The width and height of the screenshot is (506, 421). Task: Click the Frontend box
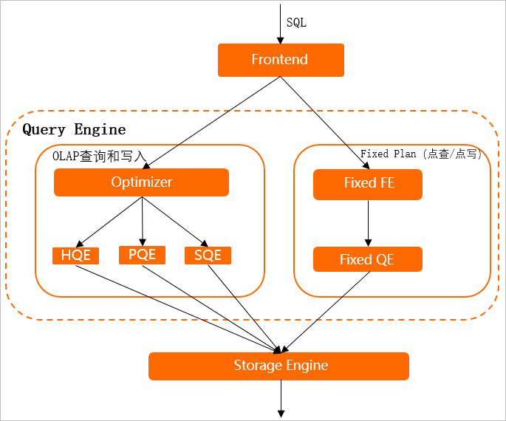(x=281, y=60)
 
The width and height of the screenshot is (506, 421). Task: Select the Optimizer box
(x=141, y=182)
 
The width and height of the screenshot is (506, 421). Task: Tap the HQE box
(x=75, y=256)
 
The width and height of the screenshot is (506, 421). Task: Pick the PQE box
(x=142, y=255)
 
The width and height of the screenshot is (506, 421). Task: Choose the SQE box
(x=208, y=256)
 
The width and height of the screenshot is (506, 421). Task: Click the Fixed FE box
(x=368, y=185)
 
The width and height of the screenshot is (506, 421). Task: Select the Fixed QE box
(x=368, y=259)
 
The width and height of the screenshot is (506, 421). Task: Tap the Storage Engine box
(x=278, y=366)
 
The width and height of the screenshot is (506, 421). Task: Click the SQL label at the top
(x=296, y=23)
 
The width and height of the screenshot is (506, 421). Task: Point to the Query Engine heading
(x=74, y=130)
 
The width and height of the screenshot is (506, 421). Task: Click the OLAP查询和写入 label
(x=100, y=156)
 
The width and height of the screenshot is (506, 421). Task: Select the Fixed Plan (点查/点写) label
(x=421, y=154)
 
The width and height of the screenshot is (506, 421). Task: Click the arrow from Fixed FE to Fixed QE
(x=368, y=223)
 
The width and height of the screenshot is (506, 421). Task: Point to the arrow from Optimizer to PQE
(x=143, y=222)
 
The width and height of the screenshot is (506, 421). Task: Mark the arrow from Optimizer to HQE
(x=109, y=222)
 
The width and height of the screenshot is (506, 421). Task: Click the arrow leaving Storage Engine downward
(x=281, y=399)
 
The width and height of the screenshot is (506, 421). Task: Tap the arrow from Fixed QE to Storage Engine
(x=325, y=312)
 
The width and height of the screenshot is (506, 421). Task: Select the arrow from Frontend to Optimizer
(x=211, y=123)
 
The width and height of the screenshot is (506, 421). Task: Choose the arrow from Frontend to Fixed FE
(x=325, y=123)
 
